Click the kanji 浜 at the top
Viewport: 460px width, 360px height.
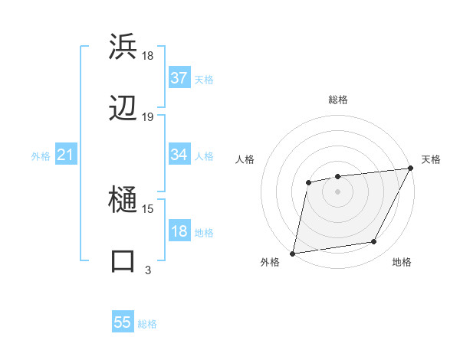point(123,47)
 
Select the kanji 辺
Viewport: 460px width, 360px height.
point(123,109)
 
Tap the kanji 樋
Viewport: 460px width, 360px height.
point(123,201)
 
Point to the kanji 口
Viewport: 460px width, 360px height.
point(123,261)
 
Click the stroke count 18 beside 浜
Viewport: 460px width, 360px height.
point(148,56)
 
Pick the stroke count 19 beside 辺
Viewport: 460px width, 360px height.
point(148,117)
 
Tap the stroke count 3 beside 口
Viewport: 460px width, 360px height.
point(148,270)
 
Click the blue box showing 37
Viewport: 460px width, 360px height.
point(179,78)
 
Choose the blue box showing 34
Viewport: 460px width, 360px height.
point(179,155)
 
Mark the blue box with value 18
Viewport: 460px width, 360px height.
point(179,231)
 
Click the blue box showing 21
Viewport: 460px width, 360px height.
point(66,155)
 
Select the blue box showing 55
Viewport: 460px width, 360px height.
point(123,322)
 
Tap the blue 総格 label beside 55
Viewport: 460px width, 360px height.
point(147,324)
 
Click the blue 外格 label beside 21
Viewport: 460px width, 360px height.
point(41,156)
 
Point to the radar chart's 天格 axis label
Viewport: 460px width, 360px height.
point(431,159)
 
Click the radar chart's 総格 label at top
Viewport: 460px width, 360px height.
point(338,100)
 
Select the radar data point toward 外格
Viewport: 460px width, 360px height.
point(293,253)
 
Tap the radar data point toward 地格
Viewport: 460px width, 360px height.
point(374,242)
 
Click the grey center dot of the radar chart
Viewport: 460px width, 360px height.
point(337,191)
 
